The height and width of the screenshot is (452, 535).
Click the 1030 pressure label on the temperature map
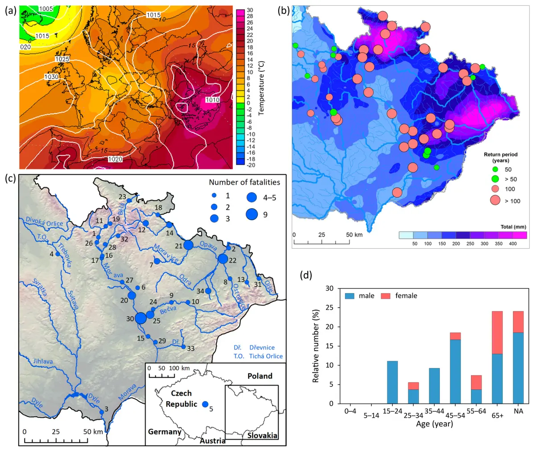coord(51,77)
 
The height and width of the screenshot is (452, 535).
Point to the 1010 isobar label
coord(212,100)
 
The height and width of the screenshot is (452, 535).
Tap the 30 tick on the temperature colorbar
coord(250,10)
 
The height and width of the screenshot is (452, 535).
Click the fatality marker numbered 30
coord(141,318)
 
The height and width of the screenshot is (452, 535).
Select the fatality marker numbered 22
coord(223,259)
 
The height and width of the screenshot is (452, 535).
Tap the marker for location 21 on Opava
coord(188,245)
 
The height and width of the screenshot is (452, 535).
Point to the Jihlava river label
coord(43,362)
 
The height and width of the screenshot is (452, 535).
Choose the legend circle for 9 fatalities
coord(252,214)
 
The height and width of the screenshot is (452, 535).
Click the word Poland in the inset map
coord(260,376)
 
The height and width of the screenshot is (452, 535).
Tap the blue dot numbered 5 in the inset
coord(205,404)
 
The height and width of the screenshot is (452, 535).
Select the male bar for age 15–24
coord(392,382)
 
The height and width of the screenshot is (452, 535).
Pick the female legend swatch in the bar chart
coord(386,296)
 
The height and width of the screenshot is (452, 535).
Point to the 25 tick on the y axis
coord(329,308)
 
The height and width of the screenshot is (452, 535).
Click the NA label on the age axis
coord(519,411)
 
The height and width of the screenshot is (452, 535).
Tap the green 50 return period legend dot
coord(495,169)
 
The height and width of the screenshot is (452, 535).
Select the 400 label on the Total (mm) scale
coord(512,243)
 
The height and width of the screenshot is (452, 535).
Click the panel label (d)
coord(306,275)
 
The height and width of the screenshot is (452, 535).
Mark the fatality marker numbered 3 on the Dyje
coord(102,412)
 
